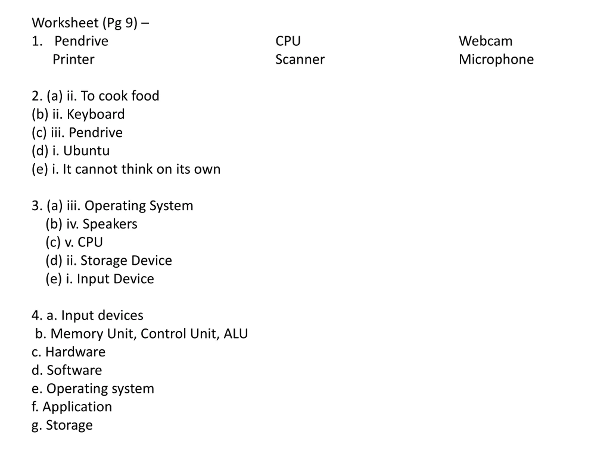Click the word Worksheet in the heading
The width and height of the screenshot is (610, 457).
[x=65, y=23]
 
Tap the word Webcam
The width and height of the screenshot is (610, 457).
[x=485, y=41]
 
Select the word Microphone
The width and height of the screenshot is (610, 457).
[x=496, y=60]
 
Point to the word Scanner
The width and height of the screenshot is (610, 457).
[x=300, y=60]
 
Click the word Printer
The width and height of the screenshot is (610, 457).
[x=73, y=60]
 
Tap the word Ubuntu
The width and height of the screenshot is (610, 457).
[x=86, y=151]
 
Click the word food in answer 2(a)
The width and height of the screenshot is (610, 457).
[x=145, y=96]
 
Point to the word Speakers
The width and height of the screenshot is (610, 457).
[x=110, y=224]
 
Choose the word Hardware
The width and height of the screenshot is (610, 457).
[x=75, y=352]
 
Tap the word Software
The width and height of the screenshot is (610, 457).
[x=74, y=370]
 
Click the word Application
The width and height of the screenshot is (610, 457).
[x=77, y=407]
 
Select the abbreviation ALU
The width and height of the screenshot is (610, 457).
[x=236, y=334]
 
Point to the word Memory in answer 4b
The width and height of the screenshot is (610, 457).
[x=77, y=334]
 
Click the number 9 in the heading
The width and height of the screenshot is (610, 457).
[x=129, y=23]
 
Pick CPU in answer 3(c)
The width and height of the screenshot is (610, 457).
[x=90, y=242]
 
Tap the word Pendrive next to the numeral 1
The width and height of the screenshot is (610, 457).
[x=81, y=41]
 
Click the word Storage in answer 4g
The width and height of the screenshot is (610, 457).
[x=69, y=425]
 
